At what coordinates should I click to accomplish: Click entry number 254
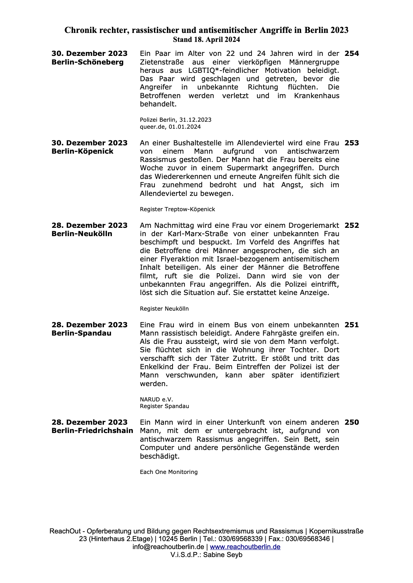pos(352,54)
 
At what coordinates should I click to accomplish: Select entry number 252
pos(352,225)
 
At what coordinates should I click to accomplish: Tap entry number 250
pos(352,422)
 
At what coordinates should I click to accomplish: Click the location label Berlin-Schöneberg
pos(87,62)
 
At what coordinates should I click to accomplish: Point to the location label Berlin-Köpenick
pos(82,151)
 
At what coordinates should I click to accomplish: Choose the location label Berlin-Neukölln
pos(82,234)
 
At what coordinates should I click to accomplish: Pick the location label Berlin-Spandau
pos(81,333)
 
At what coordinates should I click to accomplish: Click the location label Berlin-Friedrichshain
pos(92,431)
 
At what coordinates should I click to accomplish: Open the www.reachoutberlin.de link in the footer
pos(245,547)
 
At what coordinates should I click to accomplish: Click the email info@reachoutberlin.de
pos(168,547)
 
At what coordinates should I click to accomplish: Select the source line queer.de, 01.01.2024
pos(170,127)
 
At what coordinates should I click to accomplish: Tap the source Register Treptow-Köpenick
pos(177,209)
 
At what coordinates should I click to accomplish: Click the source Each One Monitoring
pos(169,472)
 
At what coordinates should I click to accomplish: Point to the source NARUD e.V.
pos(156,399)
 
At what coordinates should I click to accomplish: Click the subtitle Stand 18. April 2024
pos(206,40)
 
